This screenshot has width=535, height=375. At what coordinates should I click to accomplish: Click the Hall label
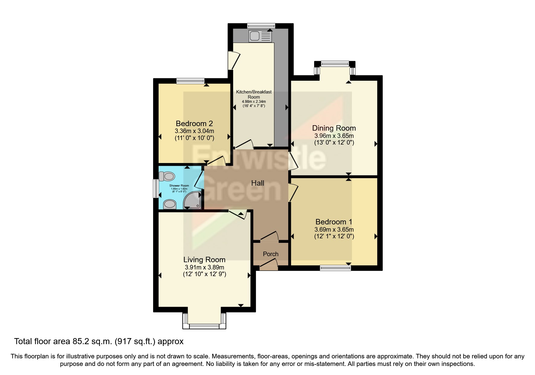(258, 183)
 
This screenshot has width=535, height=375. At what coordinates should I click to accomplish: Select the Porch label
(270, 254)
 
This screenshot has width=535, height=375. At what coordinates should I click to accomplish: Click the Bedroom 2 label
(194, 123)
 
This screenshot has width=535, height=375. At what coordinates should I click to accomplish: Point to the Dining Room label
(334, 128)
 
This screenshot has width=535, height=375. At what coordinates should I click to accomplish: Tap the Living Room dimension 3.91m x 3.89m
(205, 267)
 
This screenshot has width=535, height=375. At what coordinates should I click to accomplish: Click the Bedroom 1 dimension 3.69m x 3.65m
(334, 230)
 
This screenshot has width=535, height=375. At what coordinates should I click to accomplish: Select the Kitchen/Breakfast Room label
(253, 94)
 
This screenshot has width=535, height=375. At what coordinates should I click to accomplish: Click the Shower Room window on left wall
(155, 189)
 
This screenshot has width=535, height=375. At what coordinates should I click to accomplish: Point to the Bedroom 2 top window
(190, 80)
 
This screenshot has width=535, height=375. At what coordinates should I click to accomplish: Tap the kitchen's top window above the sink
(261, 26)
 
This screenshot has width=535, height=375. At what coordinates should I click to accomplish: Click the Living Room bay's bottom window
(204, 326)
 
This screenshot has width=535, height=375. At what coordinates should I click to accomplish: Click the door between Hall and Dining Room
(293, 160)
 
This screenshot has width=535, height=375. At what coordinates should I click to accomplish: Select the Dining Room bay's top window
(334, 64)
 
